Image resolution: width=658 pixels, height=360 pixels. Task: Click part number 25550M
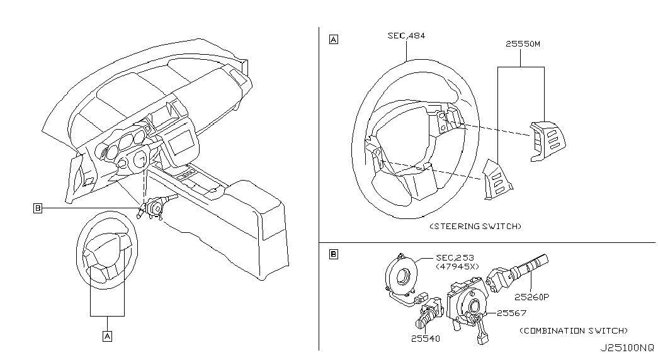[523, 43]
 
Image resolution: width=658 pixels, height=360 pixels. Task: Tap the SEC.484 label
[406, 36]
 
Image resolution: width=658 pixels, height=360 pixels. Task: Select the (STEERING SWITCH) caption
[475, 226]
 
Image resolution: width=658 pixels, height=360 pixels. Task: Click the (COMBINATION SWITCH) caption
[574, 330]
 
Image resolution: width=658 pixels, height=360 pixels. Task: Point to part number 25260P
[531, 297]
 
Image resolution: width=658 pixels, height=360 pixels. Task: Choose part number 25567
[511, 313]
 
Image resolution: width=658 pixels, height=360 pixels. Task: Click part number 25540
[426, 339]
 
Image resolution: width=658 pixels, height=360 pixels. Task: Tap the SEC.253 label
[455, 257]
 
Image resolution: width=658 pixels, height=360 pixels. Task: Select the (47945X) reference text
[457, 266]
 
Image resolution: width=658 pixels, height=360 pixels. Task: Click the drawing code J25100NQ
[627, 348]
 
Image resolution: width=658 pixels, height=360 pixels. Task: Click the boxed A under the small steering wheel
[108, 336]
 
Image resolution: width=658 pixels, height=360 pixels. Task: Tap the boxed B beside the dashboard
[38, 208]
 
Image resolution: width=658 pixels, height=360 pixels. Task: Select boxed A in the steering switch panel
[334, 40]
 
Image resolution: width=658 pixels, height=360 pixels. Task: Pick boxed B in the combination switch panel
[334, 254]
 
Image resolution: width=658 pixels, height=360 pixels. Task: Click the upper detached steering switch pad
[548, 142]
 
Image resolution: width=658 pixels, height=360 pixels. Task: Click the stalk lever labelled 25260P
[517, 272]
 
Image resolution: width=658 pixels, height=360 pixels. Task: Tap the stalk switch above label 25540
[429, 313]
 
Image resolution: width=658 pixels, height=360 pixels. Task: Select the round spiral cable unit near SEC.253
[400, 277]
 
